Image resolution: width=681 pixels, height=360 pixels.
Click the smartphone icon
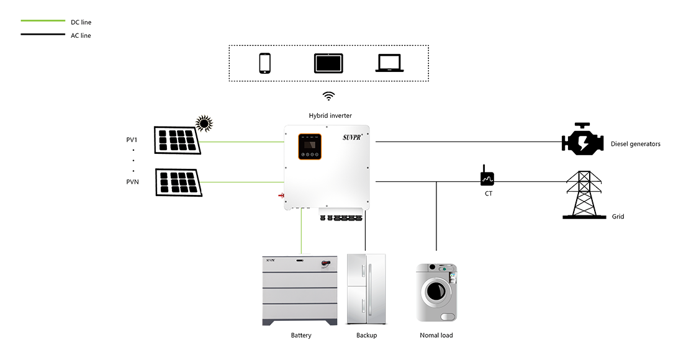point(264,63)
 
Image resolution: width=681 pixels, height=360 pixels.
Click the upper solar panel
point(177,141)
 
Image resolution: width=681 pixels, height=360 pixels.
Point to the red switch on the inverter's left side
point(281,196)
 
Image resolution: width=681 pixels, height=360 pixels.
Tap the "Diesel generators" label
point(634,143)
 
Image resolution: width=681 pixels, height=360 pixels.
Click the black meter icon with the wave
point(484,178)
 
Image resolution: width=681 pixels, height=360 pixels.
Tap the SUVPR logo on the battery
point(274,261)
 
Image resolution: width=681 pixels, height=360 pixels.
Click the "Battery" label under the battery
point(301,336)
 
